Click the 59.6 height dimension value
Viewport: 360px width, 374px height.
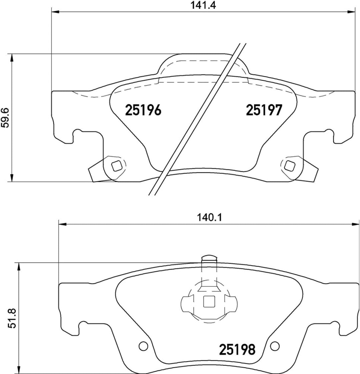[5, 118]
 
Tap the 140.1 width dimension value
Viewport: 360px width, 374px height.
[209, 218]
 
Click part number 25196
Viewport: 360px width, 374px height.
[143, 110]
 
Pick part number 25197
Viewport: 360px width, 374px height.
[264, 110]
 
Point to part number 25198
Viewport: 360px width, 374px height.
[237, 350]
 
